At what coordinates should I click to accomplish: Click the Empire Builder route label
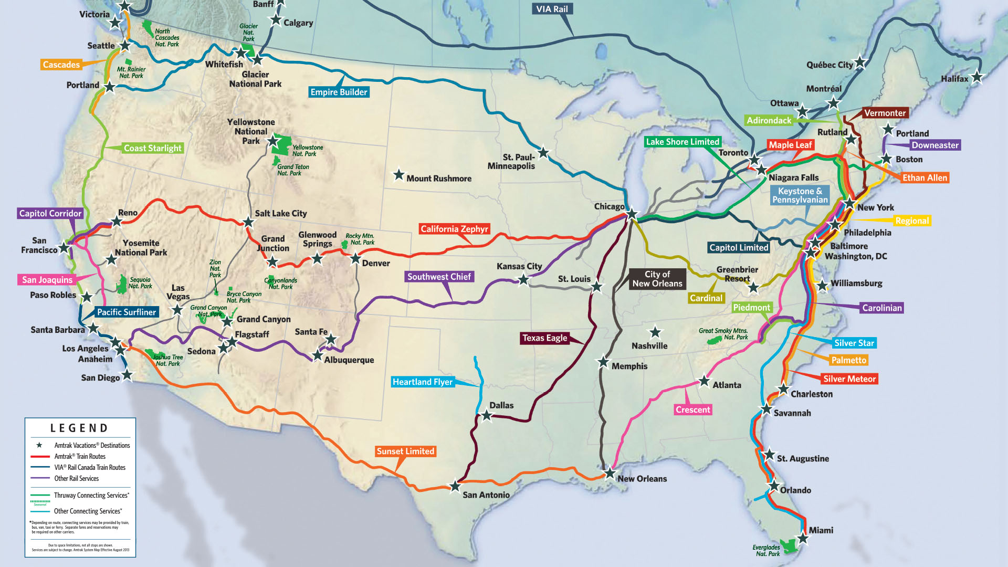pos(339,92)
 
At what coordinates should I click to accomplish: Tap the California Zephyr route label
pos(454,229)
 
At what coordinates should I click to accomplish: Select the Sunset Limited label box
pos(405,451)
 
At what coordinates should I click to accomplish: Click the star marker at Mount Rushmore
pos(399,174)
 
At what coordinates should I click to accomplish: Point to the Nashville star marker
pos(655,332)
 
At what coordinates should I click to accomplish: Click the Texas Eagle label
pos(544,338)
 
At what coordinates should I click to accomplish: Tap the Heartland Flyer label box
pos(423,382)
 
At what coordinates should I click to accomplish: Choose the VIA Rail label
pos(552,9)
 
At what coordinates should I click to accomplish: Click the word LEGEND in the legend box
pos(79,428)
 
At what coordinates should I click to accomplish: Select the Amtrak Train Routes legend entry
pos(80,456)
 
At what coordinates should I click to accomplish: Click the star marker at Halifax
pos(977,77)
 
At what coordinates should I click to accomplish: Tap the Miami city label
pos(821,530)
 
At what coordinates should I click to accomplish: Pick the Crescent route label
pos(692,409)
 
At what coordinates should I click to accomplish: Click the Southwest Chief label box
pos(439,277)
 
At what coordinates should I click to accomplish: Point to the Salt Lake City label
pos(280,213)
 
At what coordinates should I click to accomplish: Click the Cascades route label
pos(61,65)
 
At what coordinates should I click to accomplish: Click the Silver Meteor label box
pos(849,379)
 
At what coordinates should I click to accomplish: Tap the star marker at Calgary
pos(276,20)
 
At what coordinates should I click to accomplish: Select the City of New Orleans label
pos(657,279)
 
